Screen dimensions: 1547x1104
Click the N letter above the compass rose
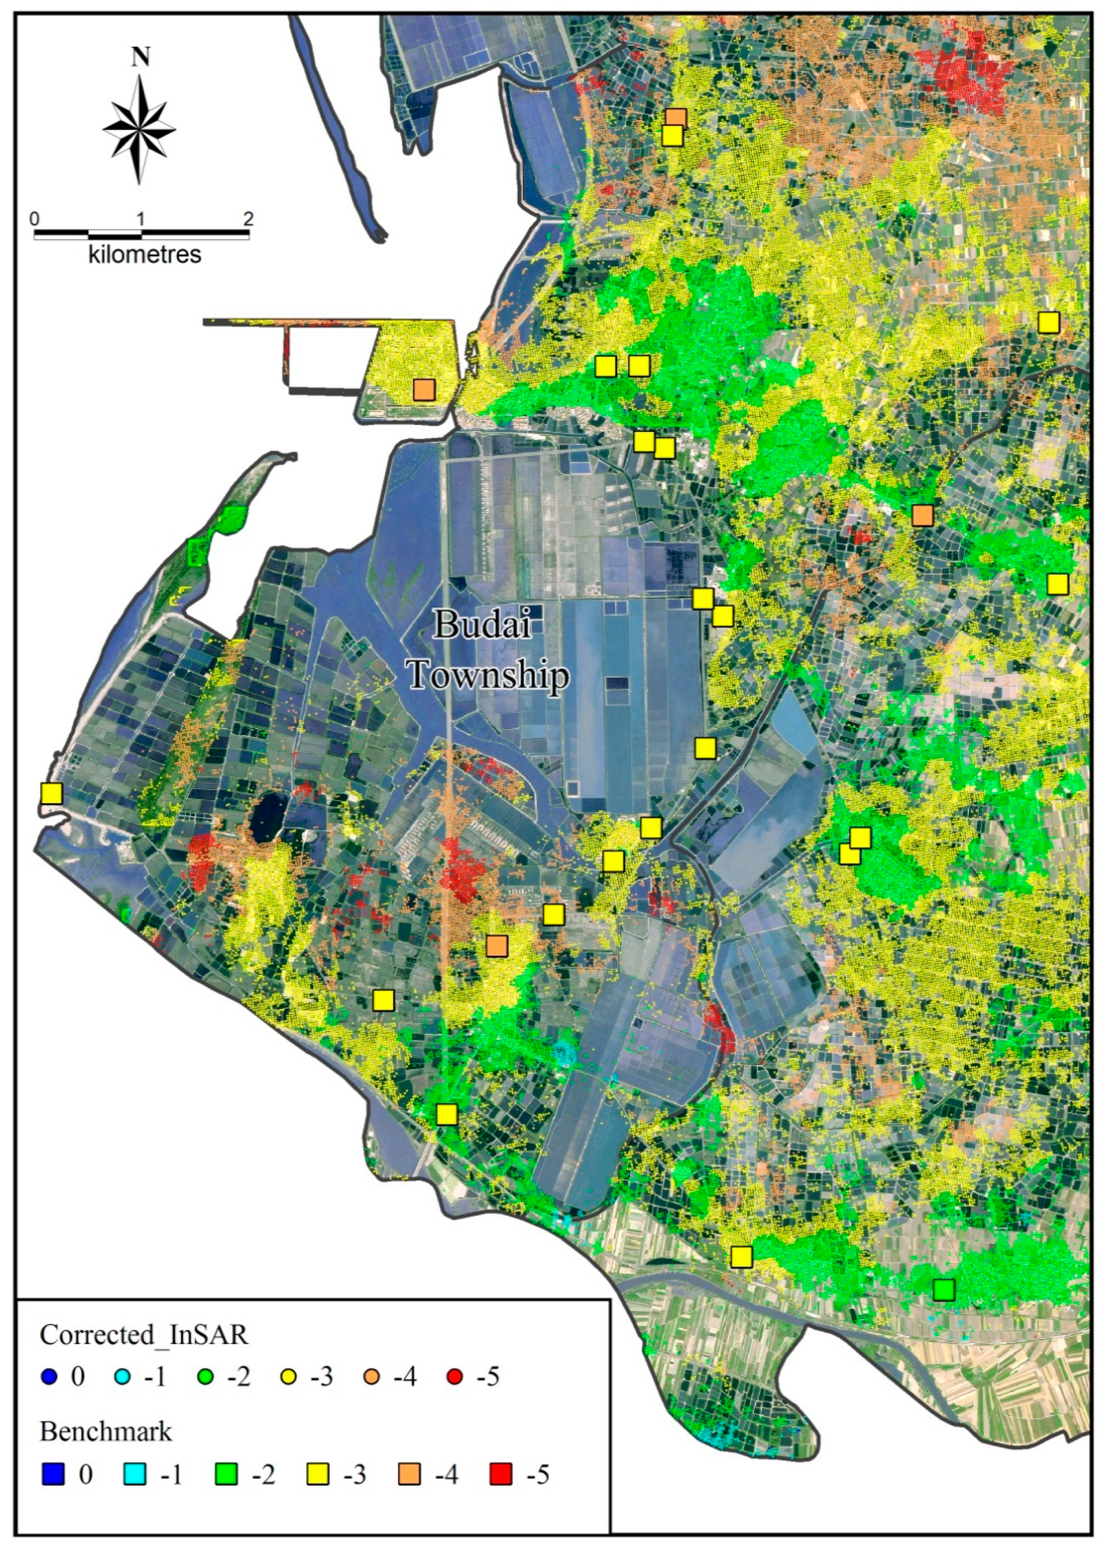(140, 58)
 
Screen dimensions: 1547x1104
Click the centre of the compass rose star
(140, 128)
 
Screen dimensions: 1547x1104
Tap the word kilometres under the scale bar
(144, 255)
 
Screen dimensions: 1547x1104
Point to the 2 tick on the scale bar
(248, 220)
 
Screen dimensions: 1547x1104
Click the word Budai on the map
(483, 624)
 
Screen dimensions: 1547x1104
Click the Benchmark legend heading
(106, 1431)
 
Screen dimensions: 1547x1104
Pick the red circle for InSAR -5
(455, 1377)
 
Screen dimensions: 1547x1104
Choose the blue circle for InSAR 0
(48, 1377)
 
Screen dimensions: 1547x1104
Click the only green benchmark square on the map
(944, 1289)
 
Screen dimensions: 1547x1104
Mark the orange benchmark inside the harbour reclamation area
(424, 390)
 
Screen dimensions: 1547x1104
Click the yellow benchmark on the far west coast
(51, 793)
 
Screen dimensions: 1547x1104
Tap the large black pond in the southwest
(267, 821)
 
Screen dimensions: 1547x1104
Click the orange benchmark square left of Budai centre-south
(497, 945)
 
